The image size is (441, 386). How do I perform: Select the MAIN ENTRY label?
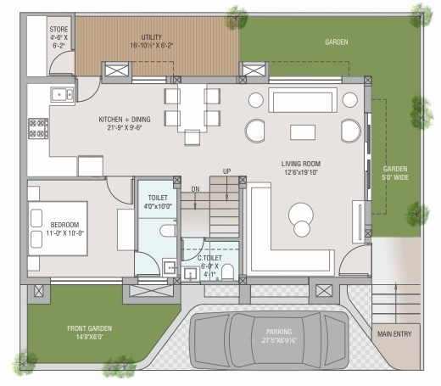click(395, 333)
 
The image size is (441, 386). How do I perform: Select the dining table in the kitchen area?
click(192, 107)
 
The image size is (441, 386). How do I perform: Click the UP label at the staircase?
click(226, 171)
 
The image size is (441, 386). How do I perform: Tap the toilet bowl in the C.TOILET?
click(227, 271)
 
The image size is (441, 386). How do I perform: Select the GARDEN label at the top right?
click(337, 41)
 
